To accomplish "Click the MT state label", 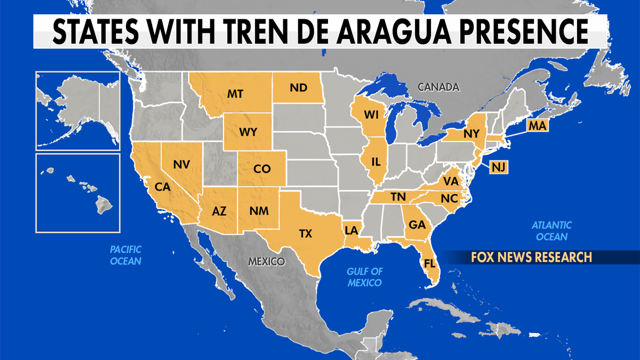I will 235,94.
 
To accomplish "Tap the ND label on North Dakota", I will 299,88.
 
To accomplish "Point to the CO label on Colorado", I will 262,169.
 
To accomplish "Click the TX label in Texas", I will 306,233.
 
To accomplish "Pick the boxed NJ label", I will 498,167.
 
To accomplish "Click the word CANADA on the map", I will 438,86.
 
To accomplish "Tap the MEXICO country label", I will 266,262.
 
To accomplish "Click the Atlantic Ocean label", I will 552,231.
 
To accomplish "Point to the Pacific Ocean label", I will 126,255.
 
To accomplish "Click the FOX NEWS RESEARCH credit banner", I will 531,258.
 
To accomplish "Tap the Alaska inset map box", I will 78,110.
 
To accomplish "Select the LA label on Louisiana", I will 351,230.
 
